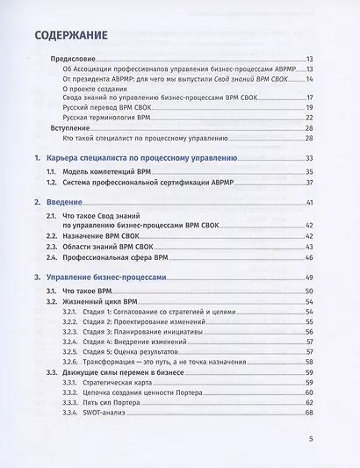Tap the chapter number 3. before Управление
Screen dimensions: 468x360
pyautogui.click(x=36, y=277)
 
